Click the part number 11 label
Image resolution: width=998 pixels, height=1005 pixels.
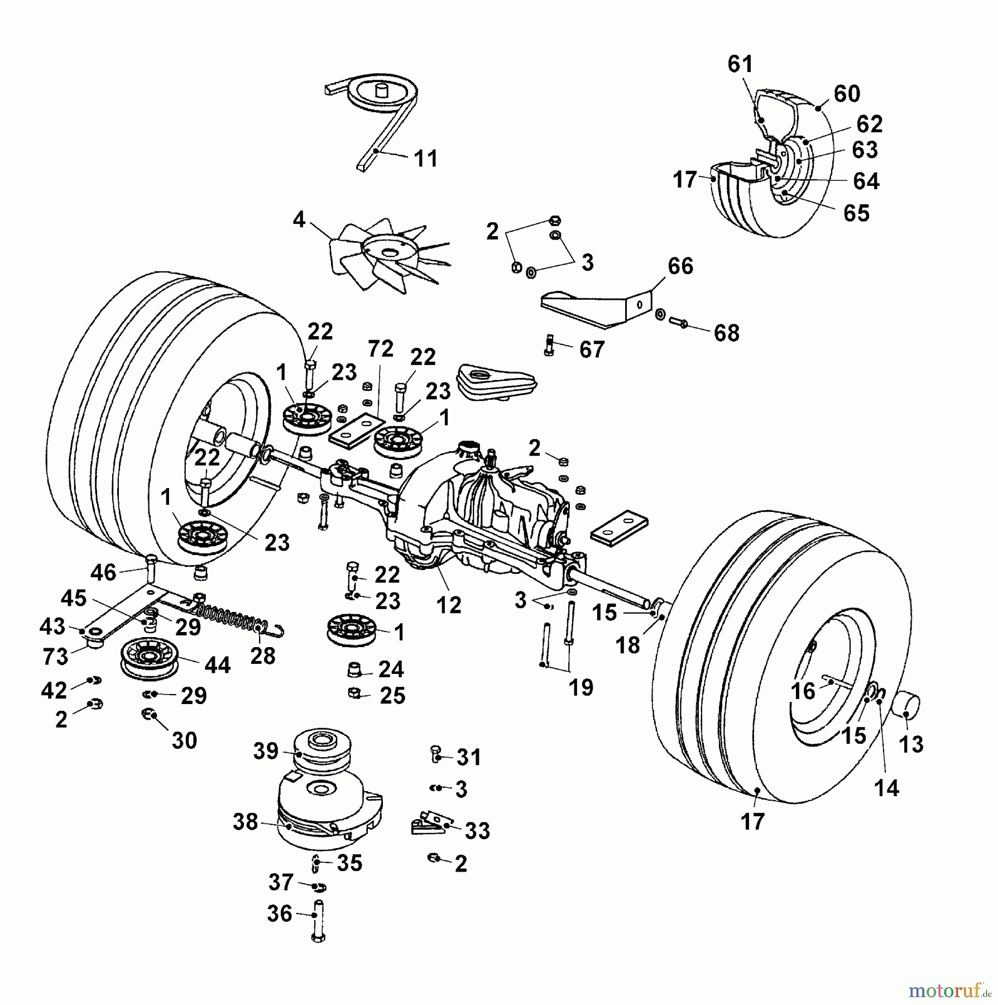coord(426,159)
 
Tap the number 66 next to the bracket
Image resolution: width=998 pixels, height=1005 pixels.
coord(680,266)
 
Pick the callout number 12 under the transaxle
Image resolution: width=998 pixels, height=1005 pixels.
coord(449,605)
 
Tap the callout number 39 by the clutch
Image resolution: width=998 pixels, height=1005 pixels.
coord(266,751)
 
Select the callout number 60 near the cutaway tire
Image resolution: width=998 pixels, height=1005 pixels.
coord(847,94)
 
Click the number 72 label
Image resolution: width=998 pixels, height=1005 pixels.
coord(380,349)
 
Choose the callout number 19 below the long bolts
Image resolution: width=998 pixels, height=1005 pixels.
coord(580,688)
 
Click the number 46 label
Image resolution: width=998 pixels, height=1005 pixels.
coord(103,572)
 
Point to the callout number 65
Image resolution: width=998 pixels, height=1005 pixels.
coord(856,213)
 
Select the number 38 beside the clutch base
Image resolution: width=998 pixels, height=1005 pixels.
coord(246,822)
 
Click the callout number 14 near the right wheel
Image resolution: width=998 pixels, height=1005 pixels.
coord(886,788)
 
